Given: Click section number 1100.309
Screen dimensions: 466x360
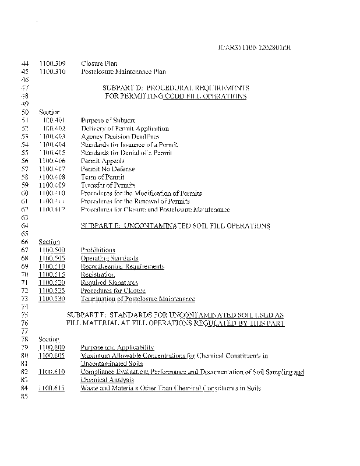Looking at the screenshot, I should pos(52,63).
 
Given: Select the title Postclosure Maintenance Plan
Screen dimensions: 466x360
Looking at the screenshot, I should pos(123,72).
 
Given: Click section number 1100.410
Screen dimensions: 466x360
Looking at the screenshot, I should pos(52,193).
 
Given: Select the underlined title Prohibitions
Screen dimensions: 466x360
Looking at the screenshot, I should pos(98,249).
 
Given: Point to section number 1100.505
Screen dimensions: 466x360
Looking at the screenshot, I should pos(52,257).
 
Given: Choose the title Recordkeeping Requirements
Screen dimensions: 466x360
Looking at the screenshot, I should pos(122,266).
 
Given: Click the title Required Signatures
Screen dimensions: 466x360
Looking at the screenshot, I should pos(110,282).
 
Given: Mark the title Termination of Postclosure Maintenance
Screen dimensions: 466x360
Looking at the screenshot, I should pos(137,298).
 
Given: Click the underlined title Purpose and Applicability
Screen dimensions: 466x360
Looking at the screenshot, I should pos(117,347).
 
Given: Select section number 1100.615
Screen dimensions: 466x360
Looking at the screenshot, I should pos(52,387).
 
